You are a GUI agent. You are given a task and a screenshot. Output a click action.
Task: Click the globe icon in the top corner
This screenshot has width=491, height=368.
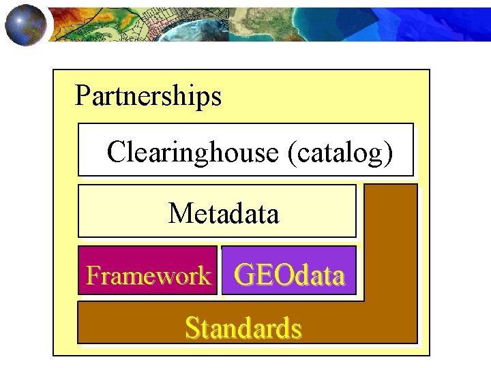click(x=26, y=24)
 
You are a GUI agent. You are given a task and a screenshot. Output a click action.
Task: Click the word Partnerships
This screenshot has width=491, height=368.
click(x=148, y=96)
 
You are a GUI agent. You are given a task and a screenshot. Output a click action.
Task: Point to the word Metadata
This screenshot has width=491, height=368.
click(x=224, y=213)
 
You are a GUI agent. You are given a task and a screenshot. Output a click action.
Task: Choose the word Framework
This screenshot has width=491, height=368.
click(x=148, y=276)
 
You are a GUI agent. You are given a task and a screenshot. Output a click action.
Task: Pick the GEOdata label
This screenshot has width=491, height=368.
click(x=289, y=275)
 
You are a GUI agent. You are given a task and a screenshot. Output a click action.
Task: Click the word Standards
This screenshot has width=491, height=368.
click(x=243, y=328)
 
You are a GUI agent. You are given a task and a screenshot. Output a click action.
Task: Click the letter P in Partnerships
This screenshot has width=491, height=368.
click(x=82, y=96)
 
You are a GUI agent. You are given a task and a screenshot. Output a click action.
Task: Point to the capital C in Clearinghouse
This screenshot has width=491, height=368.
click(x=115, y=152)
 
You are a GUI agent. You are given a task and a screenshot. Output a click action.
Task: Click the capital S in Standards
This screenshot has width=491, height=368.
click(x=191, y=328)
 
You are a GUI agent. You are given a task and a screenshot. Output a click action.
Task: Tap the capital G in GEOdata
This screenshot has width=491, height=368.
click(x=244, y=275)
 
